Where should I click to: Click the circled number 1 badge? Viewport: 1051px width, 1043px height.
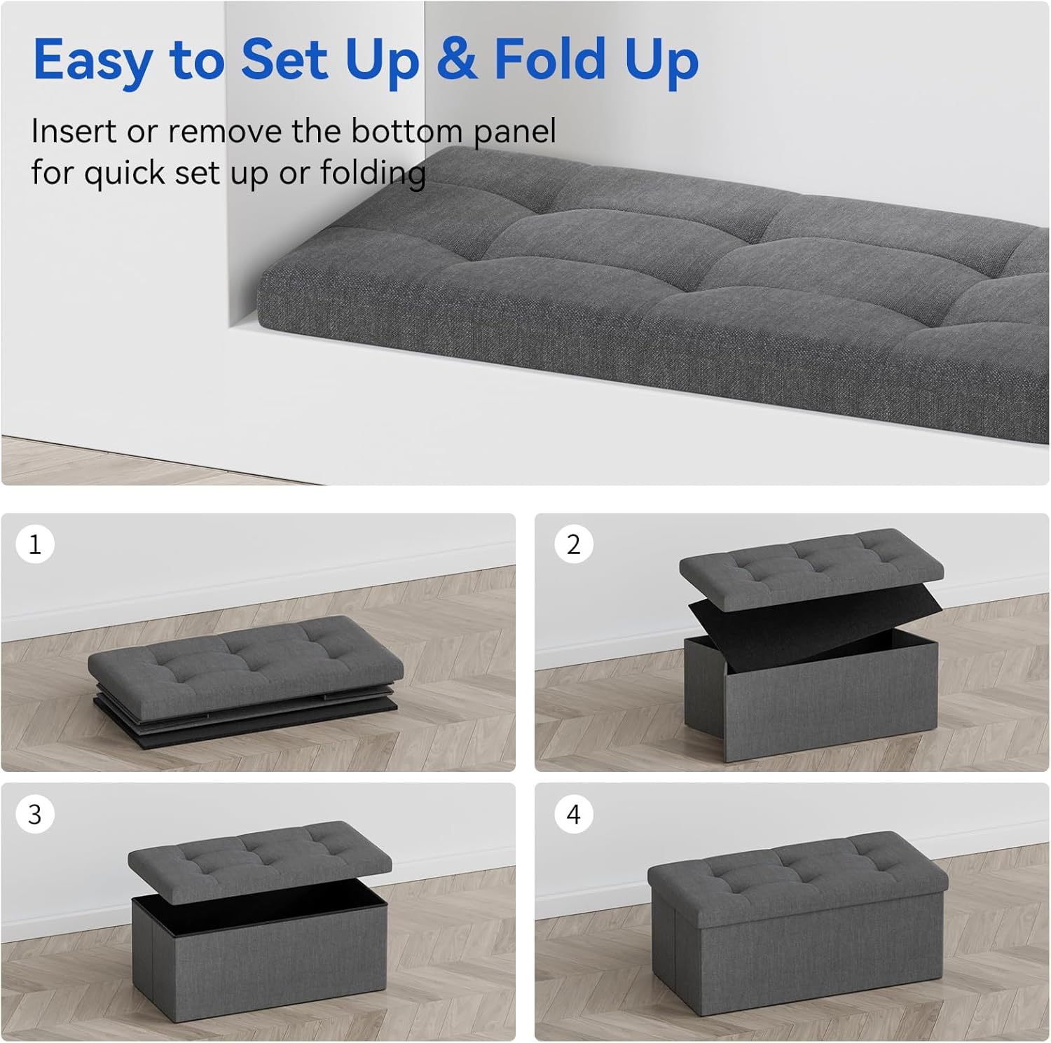pyautogui.click(x=35, y=544)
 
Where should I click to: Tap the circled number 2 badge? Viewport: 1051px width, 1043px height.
pyautogui.click(x=574, y=544)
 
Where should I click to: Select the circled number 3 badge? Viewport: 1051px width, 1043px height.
pyautogui.click(x=35, y=814)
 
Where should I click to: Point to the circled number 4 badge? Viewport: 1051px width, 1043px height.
pyautogui.click(x=574, y=814)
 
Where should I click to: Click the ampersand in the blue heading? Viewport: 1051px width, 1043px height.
pyautogui.click(x=457, y=59)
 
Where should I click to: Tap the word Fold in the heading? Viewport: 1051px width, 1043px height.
pyautogui.click(x=550, y=59)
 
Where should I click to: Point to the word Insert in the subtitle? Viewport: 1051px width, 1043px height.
pyautogui.click(x=74, y=131)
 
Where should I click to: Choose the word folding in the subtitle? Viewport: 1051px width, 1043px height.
pyautogui.click(x=373, y=174)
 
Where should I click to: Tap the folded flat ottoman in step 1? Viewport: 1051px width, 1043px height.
pyautogui.click(x=245, y=672)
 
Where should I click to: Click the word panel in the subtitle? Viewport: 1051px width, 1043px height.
pyautogui.click(x=514, y=132)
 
